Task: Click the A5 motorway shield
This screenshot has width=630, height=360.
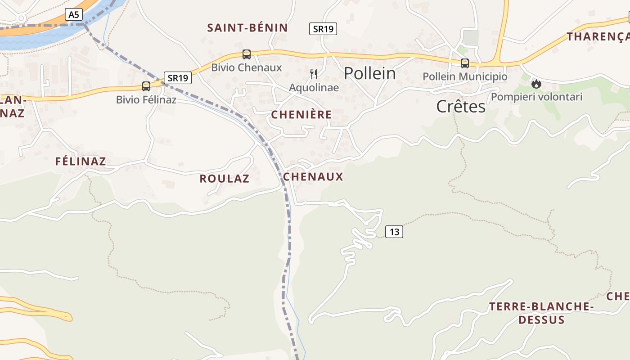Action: pos(73,14)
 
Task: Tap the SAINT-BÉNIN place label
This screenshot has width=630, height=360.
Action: pos(247,28)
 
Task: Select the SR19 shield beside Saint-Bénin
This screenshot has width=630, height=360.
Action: pos(323,29)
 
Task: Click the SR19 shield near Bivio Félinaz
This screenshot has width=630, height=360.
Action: pos(178,78)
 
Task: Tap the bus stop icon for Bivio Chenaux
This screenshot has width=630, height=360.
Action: pos(246,54)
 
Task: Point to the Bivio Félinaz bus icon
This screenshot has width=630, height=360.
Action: pos(146,86)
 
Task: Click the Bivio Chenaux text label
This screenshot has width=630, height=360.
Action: pos(247,68)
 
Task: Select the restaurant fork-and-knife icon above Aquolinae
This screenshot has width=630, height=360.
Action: pos(314,74)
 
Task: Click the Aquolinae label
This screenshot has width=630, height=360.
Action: pos(314,87)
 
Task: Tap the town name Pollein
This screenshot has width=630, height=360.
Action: pos(370,73)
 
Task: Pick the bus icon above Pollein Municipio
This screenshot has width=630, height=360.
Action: pos(465,63)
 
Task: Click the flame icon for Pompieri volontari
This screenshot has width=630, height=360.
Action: pos(536,84)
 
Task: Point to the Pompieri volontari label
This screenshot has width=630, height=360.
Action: pos(537,97)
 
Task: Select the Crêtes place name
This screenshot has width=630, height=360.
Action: pos(461,107)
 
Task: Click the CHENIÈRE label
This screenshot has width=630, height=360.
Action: pos(301,115)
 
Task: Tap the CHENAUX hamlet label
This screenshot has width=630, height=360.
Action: pos(313,177)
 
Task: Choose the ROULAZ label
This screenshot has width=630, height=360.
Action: pos(225,179)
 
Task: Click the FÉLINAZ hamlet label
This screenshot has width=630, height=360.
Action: pos(81,161)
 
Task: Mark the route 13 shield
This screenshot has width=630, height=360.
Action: pos(394,232)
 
